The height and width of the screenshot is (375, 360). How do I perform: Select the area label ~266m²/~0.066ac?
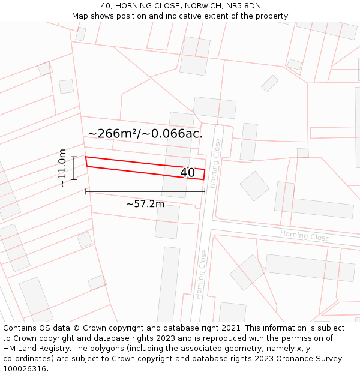coord(145,134)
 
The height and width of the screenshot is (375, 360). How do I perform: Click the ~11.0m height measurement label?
coord(62,168)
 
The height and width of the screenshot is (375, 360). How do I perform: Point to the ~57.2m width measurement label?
coord(145,204)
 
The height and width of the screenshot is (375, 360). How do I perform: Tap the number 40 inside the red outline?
coord(187,173)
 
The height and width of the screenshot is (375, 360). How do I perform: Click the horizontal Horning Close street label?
coord(305,236)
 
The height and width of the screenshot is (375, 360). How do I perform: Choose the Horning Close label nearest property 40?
coord(217,156)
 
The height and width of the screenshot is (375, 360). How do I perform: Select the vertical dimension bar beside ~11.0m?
coord(74,168)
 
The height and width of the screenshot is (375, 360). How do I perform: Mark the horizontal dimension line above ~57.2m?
coord(145,191)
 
